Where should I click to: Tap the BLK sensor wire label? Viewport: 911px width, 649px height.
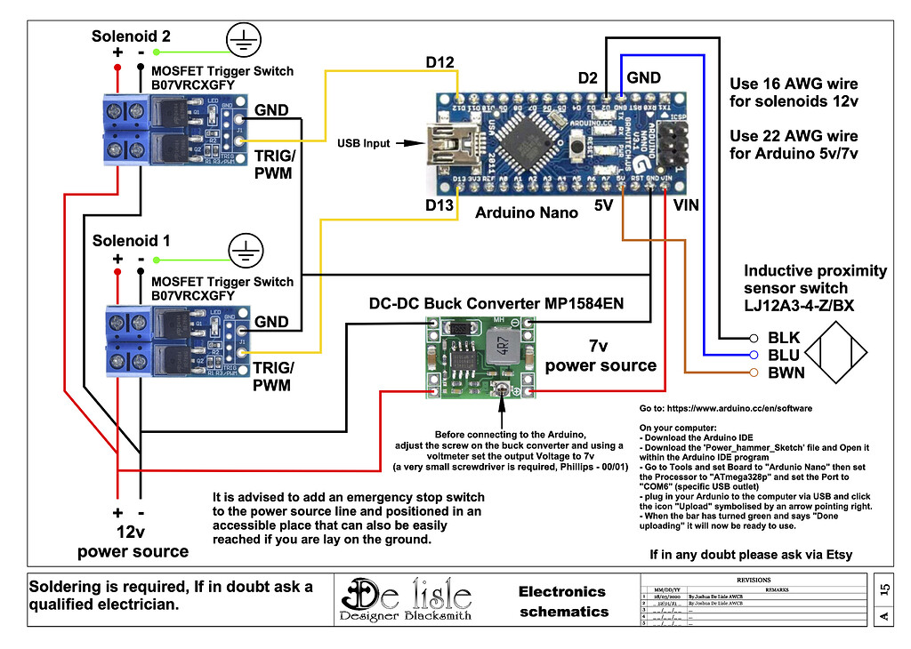(x=784, y=338)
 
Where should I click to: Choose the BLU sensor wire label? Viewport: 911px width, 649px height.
(x=784, y=355)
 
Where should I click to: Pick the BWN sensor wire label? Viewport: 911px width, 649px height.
(x=786, y=373)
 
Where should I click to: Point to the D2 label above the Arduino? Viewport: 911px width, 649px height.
(x=587, y=78)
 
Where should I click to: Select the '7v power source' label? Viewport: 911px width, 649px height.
(x=601, y=355)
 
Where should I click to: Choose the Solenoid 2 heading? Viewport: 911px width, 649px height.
(x=131, y=36)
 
